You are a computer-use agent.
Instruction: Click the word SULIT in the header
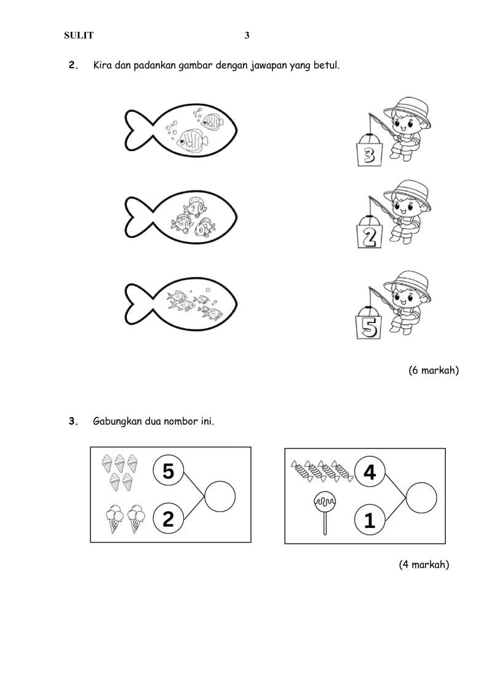pos(79,36)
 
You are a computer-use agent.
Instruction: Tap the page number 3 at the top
pos(247,36)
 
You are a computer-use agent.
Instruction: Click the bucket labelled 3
pos(370,154)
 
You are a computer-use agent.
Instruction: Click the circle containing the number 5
pos(169,471)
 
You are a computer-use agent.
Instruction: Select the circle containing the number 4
pos(370,472)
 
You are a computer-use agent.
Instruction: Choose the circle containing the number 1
pos(370,521)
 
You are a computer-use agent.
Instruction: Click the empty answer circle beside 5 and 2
pos(220,496)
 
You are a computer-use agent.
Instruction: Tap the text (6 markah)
pos(434,371)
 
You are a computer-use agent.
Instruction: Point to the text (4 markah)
pos(424,565)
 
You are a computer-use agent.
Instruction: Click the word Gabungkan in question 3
pos(117,422)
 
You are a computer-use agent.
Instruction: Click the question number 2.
pos(73,65)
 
